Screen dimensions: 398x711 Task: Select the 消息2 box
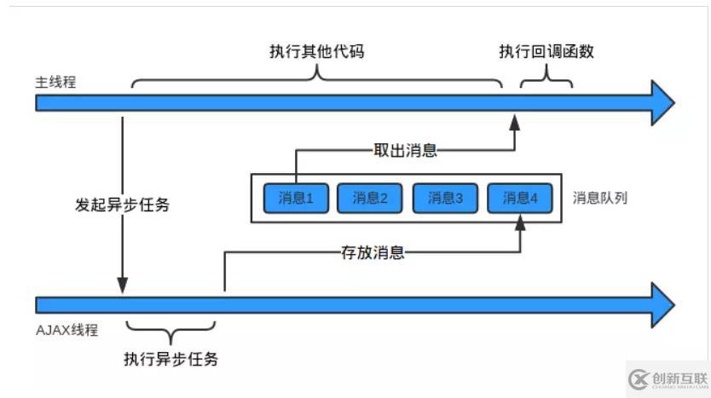tap(369, 198)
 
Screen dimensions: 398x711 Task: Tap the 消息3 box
tap(444, 198)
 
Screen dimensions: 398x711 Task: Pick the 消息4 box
tap(519, 198)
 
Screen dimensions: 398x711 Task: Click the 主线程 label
tap(55, 83)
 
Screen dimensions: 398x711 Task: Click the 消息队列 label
tap(600, 198)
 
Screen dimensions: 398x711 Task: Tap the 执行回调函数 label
tap(546, 51)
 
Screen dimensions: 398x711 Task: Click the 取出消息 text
tap(406, 151)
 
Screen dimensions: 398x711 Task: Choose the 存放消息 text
tap(372, 252)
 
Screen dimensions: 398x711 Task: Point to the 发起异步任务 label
tap(122, 205)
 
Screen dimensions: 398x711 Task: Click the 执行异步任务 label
tap(171, 359)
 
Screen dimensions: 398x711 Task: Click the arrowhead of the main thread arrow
tap(662, 103)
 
